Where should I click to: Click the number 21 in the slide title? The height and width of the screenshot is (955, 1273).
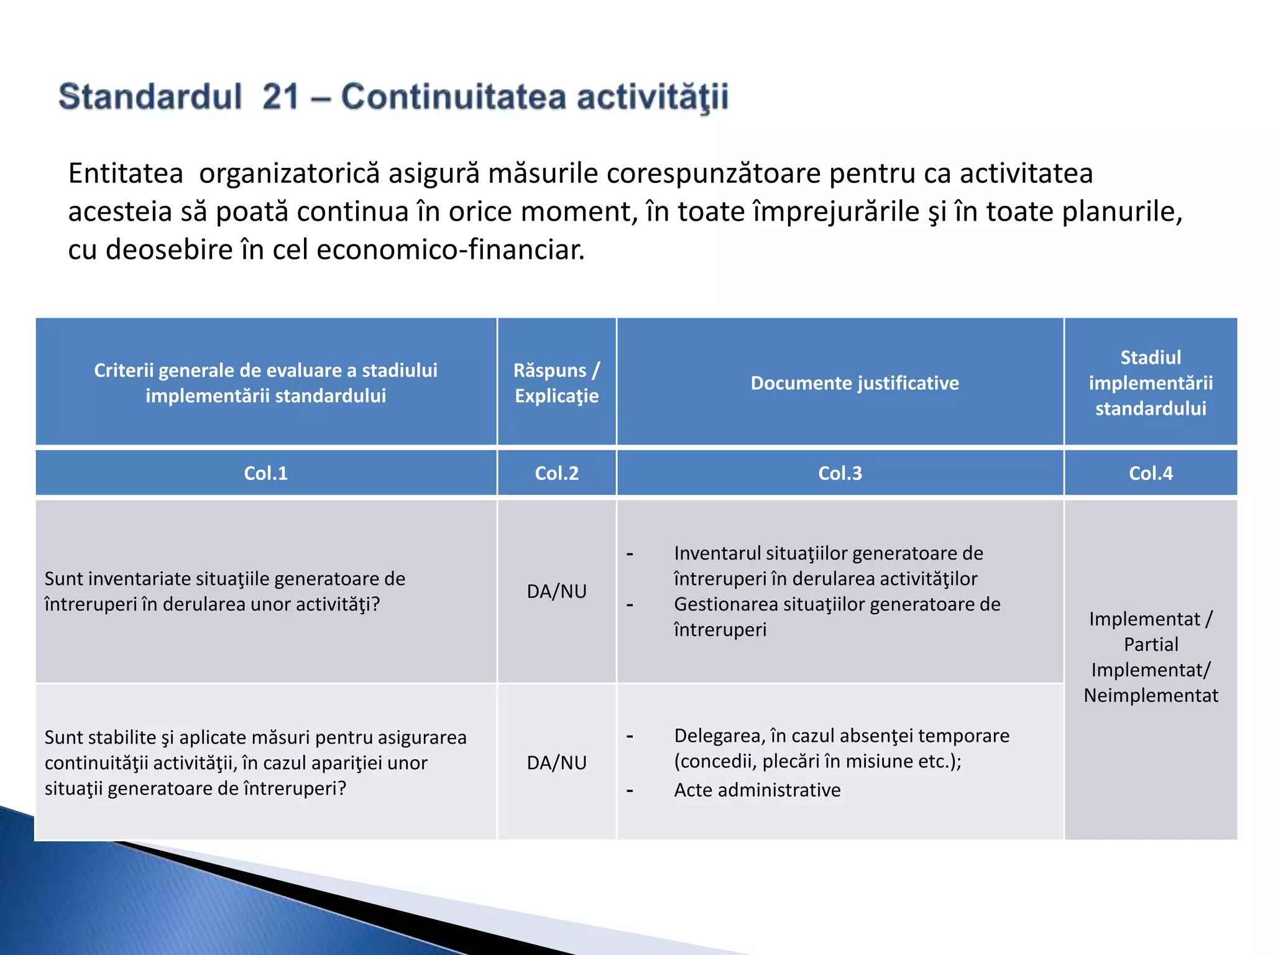[281, 97]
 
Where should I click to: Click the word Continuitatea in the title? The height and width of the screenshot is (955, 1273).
[453, 97]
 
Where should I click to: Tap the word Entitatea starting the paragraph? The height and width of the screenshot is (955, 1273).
[126, 173]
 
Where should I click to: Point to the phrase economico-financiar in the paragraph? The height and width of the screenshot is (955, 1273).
[450, 250]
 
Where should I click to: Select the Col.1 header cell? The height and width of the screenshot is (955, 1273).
[265, 473]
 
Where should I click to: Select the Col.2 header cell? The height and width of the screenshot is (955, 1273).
[556, 473]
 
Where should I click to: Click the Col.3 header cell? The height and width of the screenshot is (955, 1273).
[840, 473]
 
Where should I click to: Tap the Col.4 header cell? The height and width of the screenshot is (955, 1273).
[1151, 473]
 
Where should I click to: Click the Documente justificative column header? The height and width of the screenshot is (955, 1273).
[855, 383]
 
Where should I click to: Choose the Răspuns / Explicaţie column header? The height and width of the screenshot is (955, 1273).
[556, 383]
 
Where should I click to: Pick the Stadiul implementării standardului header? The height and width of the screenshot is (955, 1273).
[1151, 383]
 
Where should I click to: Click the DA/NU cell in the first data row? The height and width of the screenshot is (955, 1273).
[556, 591]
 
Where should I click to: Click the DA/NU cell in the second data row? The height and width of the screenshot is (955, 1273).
[556, 763]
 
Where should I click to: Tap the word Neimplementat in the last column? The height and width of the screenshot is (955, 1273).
[1151, 695]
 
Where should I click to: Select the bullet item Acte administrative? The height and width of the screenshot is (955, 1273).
[757, 790]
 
